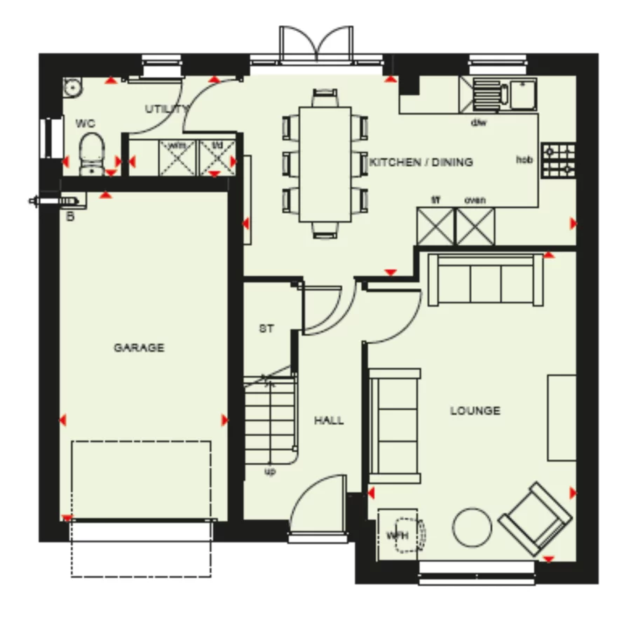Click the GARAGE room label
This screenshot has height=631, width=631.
(139, 348)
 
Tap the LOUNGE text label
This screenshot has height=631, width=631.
(475, 411)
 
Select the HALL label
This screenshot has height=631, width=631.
(329, 421)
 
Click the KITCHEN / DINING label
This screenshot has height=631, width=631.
(421, 162)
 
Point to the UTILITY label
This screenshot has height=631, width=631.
(167, 109)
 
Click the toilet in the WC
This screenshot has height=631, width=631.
(91, 154)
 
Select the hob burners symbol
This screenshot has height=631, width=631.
(559, 160)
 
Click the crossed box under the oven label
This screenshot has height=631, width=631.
(475, 226)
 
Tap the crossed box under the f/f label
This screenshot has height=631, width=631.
(435, 226)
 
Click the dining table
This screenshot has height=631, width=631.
(325, 163)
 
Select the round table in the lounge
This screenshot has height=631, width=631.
(472, 527)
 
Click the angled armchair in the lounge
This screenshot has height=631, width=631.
(534, 517)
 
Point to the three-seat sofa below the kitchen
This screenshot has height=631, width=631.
(485, 280)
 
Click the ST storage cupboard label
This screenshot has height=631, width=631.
(266, 328)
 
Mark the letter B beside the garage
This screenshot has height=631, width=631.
(70, 217)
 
